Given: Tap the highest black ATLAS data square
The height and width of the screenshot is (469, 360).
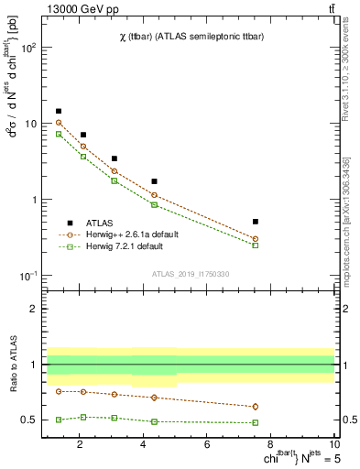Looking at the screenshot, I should click(59, 111).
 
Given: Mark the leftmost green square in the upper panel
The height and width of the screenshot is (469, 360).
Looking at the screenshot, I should click(59, 134).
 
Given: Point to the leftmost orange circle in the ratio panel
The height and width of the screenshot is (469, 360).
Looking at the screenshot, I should click(59, 391).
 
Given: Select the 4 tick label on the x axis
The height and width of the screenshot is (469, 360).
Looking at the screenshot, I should click(143, 444).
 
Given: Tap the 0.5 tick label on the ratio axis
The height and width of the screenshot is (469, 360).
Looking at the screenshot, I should click(29, 420).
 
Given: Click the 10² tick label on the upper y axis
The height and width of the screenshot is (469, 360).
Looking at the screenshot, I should click(27, 48).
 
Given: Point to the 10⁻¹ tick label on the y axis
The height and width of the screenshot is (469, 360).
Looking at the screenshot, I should click(27, 276).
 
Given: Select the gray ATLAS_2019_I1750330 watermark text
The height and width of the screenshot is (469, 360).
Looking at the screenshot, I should click(190, 274).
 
